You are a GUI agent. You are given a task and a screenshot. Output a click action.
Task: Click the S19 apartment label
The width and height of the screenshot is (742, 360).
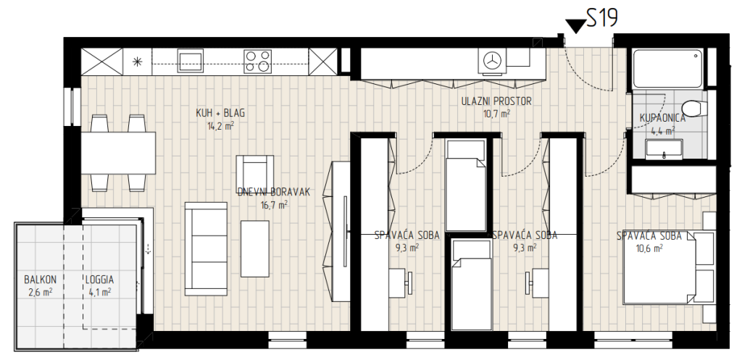602,19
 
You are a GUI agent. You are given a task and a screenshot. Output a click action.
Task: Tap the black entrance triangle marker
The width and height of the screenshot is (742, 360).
576,27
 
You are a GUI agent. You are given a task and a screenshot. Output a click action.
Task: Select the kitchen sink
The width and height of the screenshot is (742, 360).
191,61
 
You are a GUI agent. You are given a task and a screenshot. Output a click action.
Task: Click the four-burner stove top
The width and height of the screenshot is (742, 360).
258,62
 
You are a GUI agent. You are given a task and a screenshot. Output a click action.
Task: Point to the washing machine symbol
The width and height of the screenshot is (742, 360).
492,61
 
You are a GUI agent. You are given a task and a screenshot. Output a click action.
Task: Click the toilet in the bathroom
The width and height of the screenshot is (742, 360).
694,109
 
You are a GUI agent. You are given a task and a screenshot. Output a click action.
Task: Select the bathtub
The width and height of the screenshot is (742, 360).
667,69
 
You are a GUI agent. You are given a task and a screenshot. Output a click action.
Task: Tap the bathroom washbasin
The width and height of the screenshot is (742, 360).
664,149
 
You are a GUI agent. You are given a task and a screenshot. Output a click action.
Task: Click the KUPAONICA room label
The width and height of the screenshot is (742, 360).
662,118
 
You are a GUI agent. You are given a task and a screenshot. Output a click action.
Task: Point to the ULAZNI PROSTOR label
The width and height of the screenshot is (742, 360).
496,101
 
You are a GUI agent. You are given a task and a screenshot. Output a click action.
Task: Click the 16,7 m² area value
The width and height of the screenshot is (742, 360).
274,205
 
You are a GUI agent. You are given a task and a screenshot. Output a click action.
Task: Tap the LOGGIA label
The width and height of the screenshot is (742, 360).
99,280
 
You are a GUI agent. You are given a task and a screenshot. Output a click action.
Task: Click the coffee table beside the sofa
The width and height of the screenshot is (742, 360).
255,249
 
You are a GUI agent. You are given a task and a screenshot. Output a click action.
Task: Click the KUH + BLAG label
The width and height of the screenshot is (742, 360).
220,114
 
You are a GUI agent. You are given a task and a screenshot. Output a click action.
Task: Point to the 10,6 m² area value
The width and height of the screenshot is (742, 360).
649,247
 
